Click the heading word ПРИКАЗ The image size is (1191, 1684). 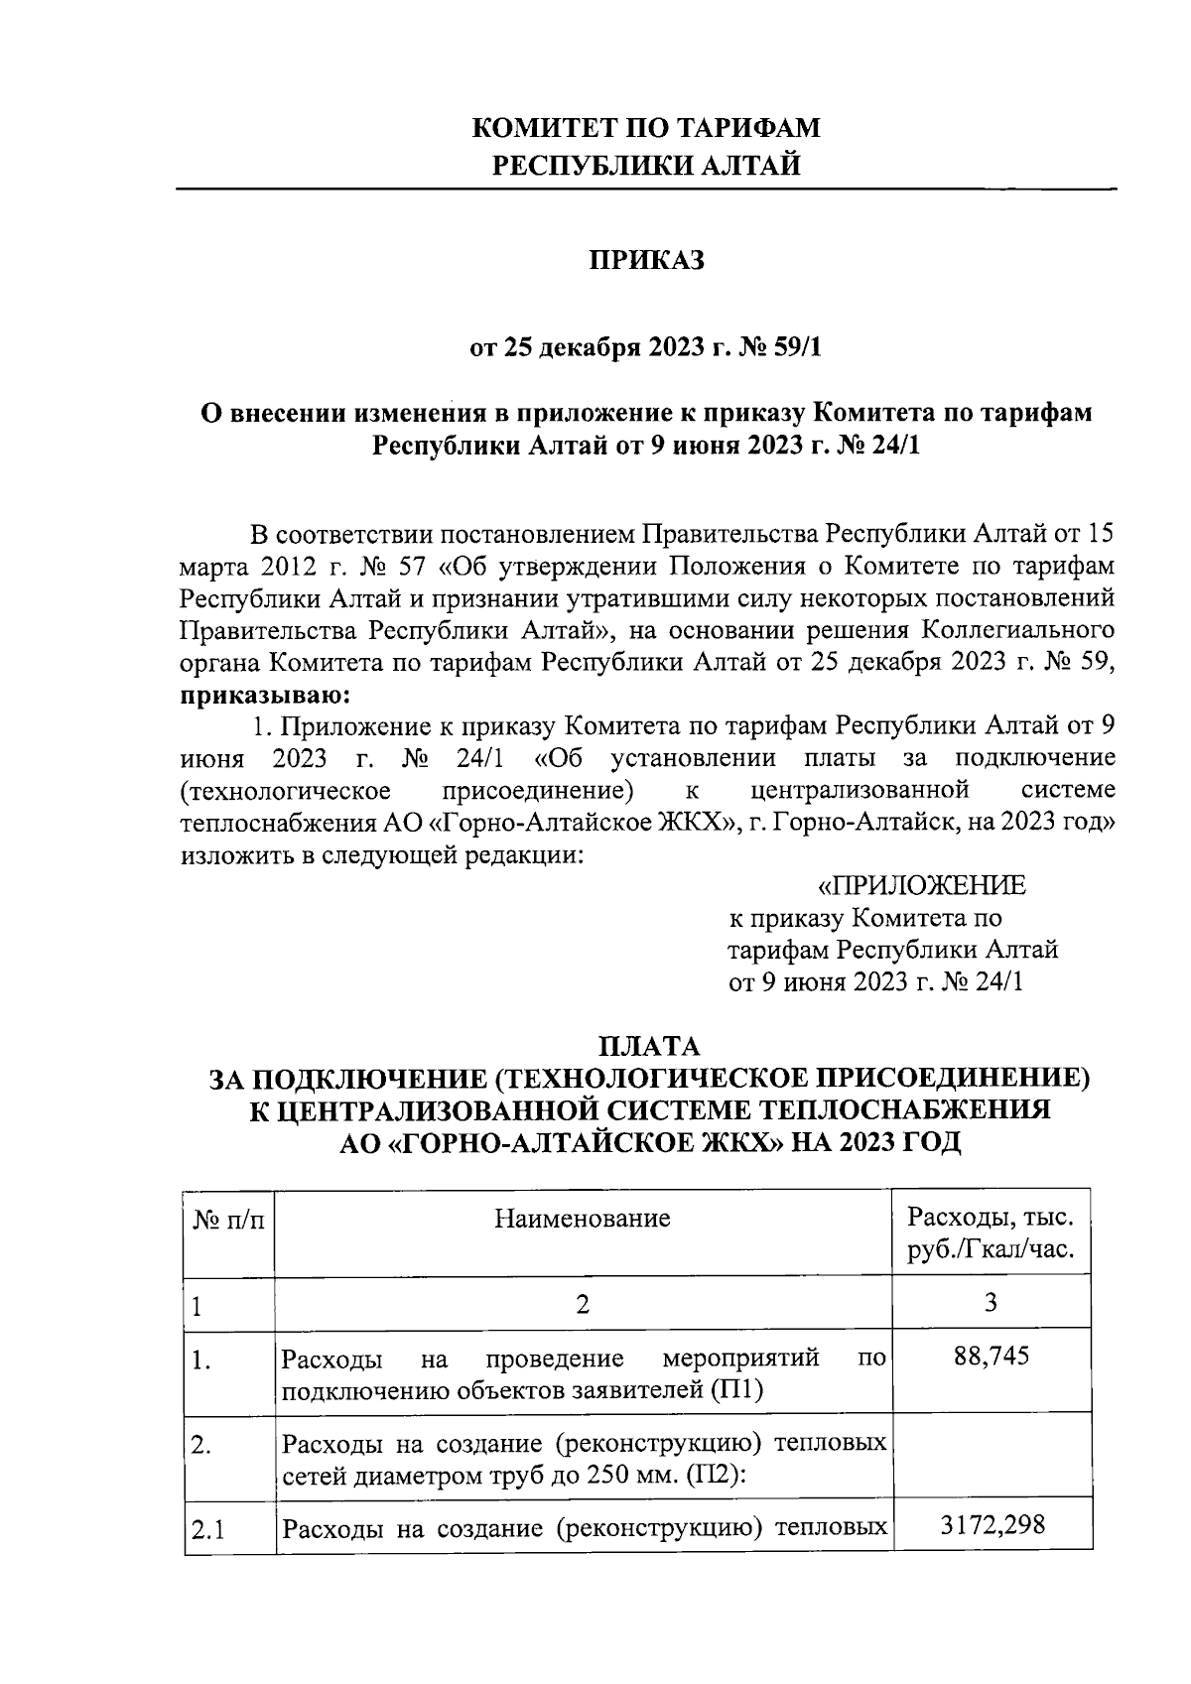pos(646,260)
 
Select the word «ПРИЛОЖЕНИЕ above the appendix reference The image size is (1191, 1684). pos(920,885)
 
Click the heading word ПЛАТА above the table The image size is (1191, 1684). pos(649,1046)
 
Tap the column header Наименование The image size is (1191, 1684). pos(583,1218)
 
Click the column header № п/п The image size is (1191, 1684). pos(228,1219)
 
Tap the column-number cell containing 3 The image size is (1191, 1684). pos(991,1302)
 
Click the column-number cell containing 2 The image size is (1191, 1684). pos(583,1304)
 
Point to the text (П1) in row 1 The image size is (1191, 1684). pos(735,1389)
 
